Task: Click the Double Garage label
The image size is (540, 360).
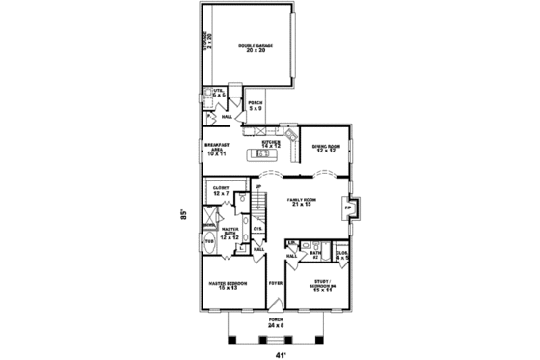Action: pos(256,47)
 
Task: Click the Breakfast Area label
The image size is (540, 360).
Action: pos(217,149)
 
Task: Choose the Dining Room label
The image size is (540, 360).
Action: pos(323,149)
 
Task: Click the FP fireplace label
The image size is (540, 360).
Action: pos(347,208)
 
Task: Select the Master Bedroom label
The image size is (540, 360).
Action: pos(229,285)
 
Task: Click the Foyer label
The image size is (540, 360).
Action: pos(275,285)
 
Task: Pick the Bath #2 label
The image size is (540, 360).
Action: pos(316,254)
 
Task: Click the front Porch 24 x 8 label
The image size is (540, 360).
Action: pos(277,325)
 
